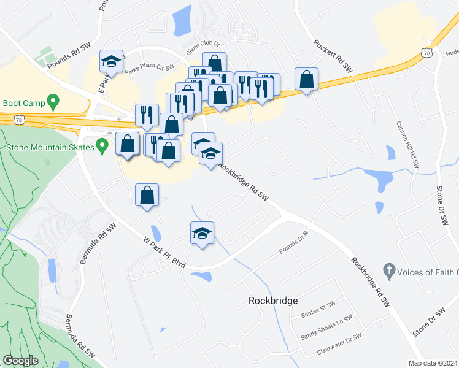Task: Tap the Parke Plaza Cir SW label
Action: [x=149, y=70]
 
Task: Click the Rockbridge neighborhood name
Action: [x=273, y=301]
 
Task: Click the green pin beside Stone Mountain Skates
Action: [x=103, y=147]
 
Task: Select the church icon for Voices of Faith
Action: [x=388, y=270]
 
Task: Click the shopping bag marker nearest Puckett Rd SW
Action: [x=306, y=79]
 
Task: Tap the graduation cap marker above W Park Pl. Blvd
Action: [x=202, y=233]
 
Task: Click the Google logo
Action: [x=20, y=361]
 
